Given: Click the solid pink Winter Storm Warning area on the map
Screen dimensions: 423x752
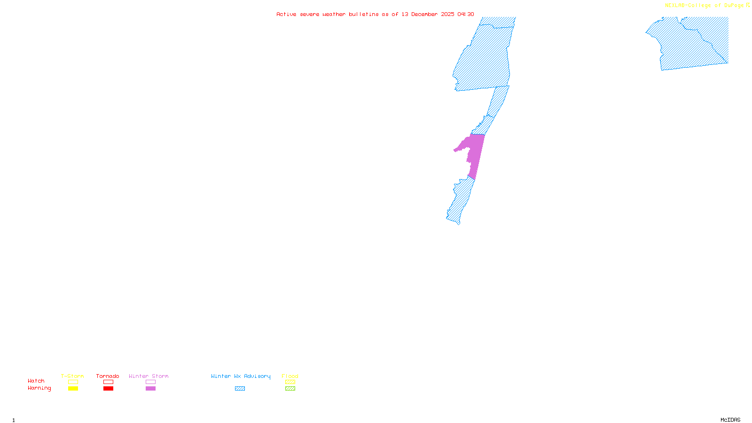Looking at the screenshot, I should pyautogui.click(x=476, y=153).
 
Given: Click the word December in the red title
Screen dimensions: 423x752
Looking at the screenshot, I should pyautogui.click(x=424, y=15).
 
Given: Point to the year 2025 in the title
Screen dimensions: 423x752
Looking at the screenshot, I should pyautogui.click(x=447, y=15).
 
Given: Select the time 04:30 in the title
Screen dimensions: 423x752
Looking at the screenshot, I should pyautogui.click(x=466, y=15).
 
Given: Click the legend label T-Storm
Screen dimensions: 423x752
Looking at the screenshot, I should pyautogui.click(x=72, y=376).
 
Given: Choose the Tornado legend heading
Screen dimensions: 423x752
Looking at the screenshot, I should pyautogui.click(x=108, y=376).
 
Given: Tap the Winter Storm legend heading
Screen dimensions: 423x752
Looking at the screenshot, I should pyautogui.click(x=149, y=376).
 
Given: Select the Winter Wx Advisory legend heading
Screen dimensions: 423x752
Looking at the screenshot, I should pyautogui.click(x=241, y=376).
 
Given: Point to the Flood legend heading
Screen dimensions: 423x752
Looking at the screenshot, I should pyautogui.click(x=290, y=376).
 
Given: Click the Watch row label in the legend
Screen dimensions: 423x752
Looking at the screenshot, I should pyautogui.click(x=36, y=381).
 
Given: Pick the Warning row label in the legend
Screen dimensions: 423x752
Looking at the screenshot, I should pyautogui.click(x=39, y=388).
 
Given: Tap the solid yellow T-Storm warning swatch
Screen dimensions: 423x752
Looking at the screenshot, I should pyautogui.click(x=73, y=389).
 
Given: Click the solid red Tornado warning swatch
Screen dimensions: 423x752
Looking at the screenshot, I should pyautogui.click(x=109, y=389).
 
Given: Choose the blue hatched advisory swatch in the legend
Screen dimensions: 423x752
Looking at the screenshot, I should pyautogui.click(x=240, y=389).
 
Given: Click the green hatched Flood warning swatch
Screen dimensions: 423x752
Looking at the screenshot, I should pyautogui.click(x=290, y=389).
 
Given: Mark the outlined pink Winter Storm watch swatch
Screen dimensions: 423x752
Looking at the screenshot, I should pyautogui.click(x=150, y=382).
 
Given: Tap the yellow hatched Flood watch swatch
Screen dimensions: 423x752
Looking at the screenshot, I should pyautogui.click(x=290, y=382).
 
